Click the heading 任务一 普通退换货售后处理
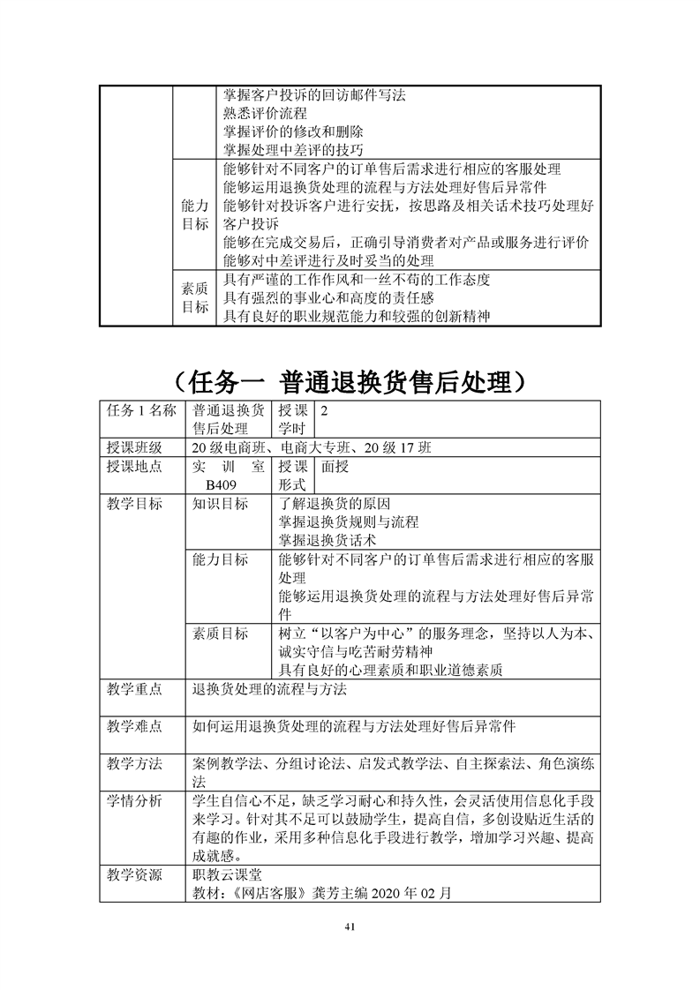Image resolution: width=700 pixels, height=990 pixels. click(350, 383)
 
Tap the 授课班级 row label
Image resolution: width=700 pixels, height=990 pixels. click(134, 448)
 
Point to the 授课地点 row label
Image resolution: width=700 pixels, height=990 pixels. click(134, 467)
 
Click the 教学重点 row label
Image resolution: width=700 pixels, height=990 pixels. click(134, 688)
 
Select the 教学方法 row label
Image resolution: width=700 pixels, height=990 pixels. click(134, 764)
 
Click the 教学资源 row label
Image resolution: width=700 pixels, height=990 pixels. click(134, 875)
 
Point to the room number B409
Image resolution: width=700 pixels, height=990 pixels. click(221, 485)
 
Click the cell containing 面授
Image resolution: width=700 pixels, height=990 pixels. click(335, 467)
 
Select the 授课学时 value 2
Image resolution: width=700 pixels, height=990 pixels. click(324, 411)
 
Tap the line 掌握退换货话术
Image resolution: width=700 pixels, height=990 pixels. click(327, 540)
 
